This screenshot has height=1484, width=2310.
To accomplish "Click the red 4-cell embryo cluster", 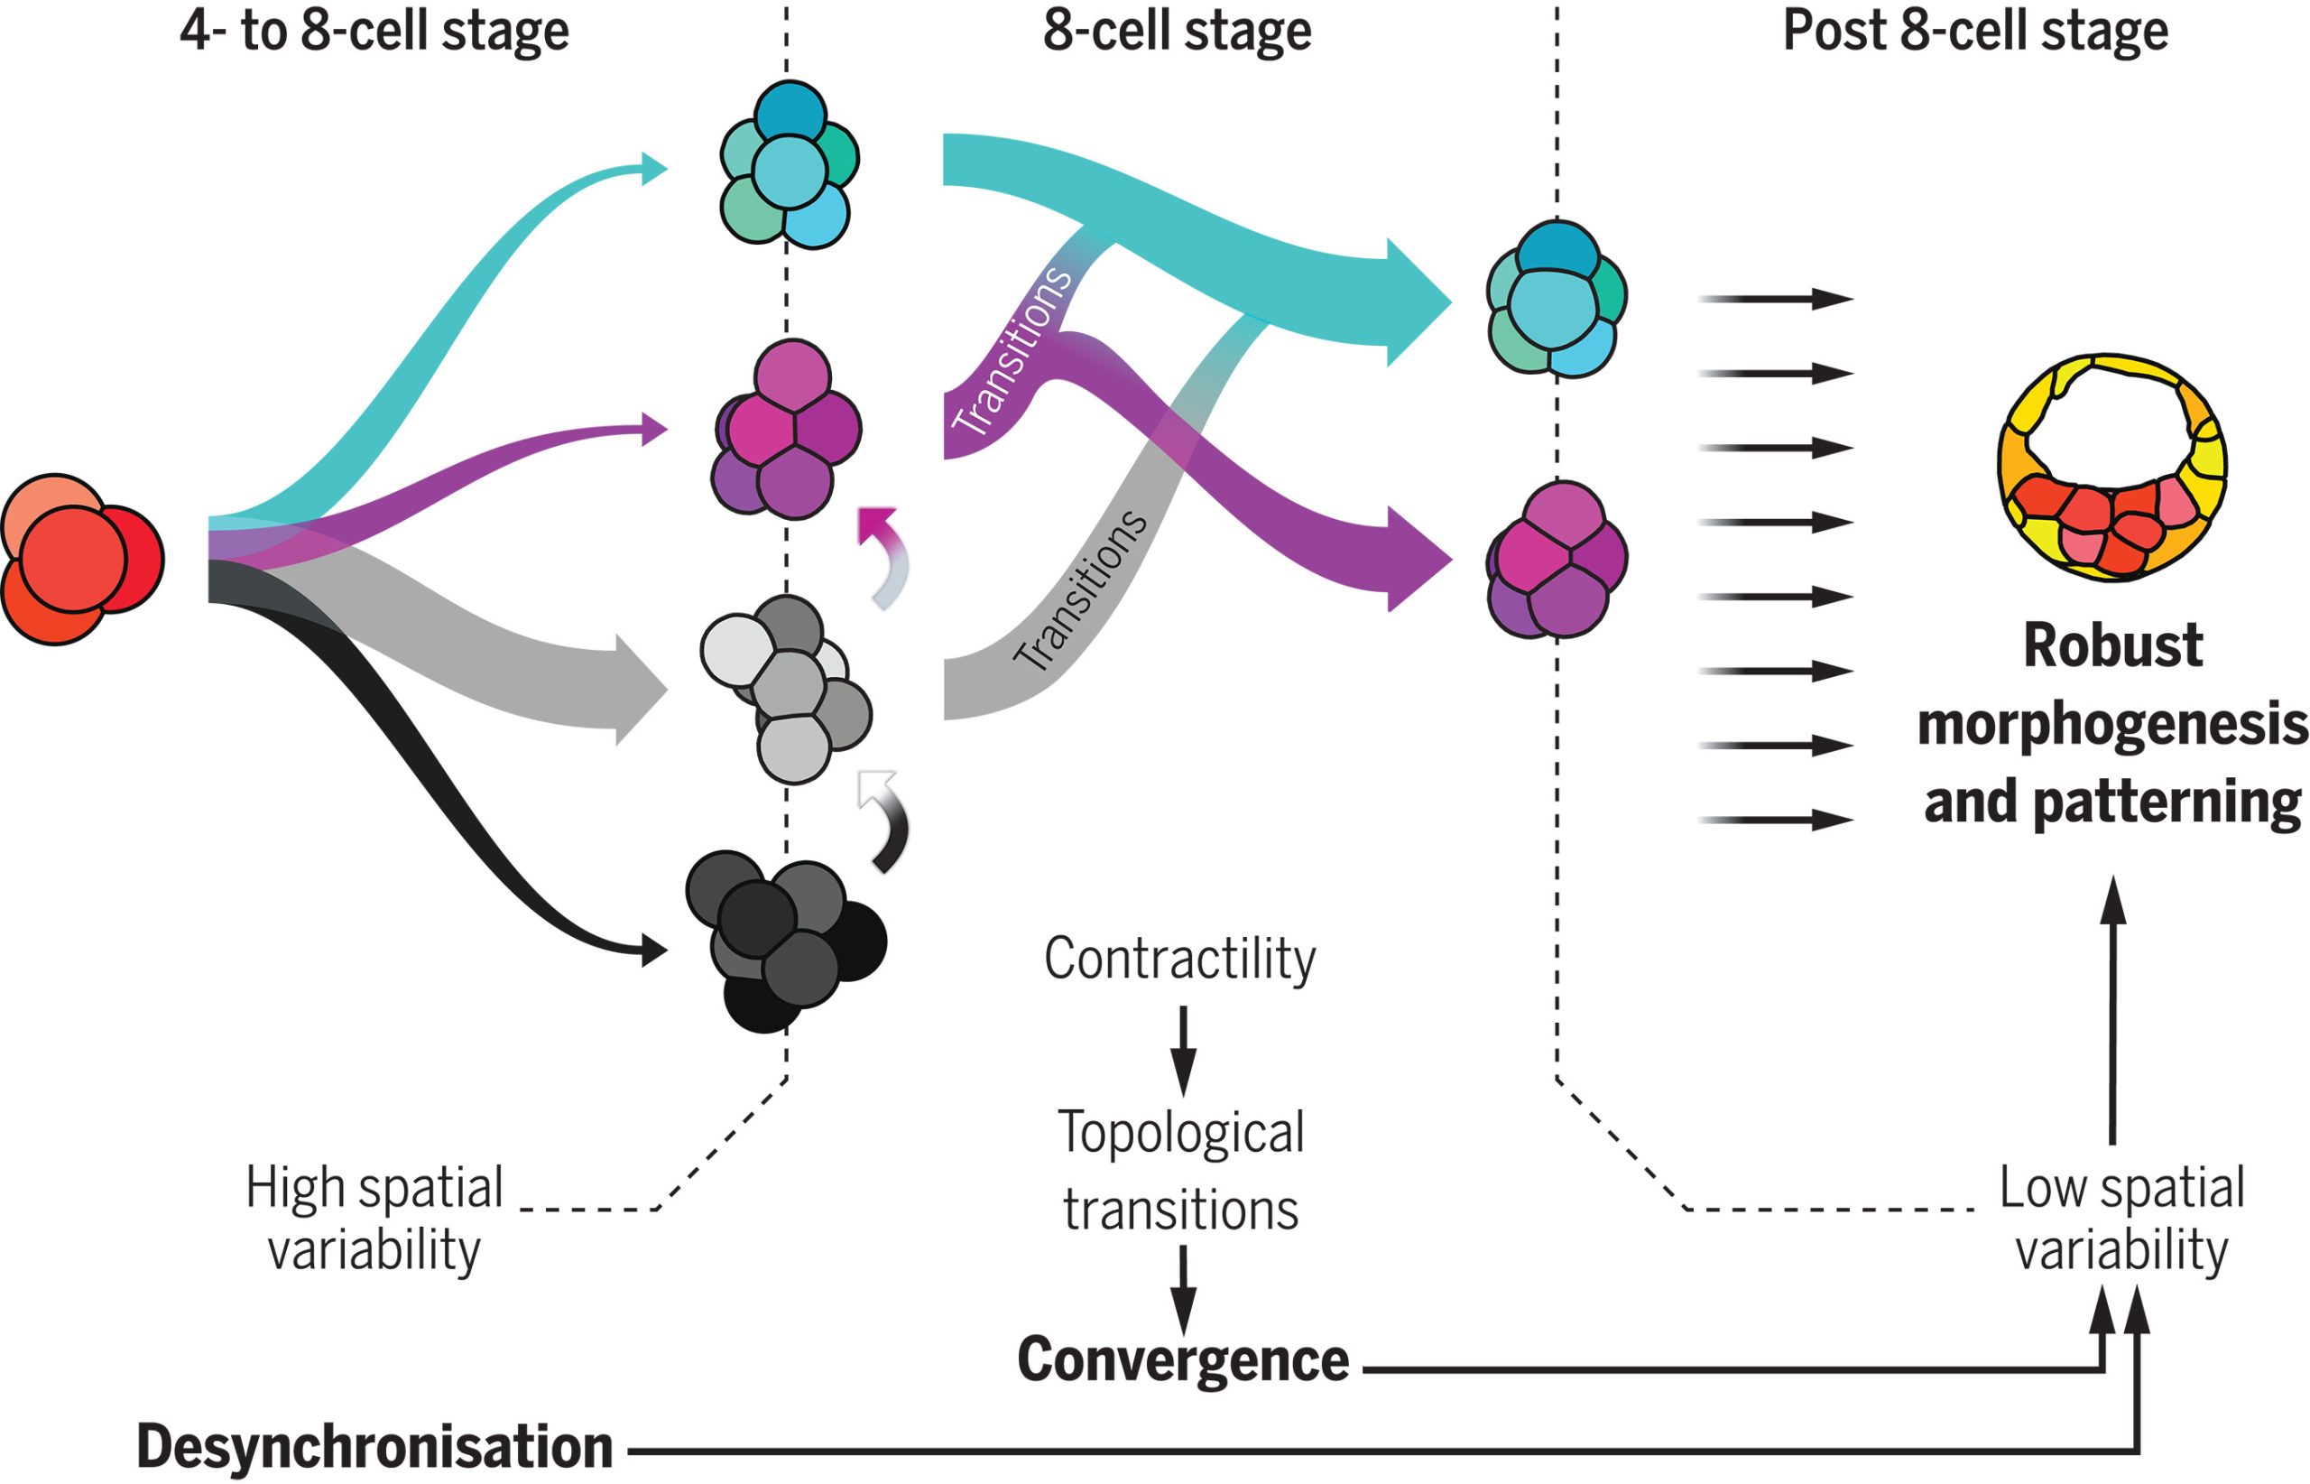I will pos(81,559).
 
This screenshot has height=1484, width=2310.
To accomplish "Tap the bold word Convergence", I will pos(1183,1359).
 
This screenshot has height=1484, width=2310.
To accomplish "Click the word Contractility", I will pos(1180,959).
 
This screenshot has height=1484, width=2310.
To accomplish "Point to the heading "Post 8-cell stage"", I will pos(1974,31).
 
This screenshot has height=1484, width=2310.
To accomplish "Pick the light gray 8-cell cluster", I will pos(785,689).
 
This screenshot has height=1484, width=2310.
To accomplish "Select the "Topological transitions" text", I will pos(1181,1171).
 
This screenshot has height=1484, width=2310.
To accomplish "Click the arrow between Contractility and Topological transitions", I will pos(1183,1051).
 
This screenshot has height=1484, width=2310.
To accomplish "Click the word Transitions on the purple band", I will pos(1012,352).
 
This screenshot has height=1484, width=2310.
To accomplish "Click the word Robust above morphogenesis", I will pos(2112,645).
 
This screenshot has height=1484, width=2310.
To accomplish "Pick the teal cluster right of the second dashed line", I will pos(1556,299).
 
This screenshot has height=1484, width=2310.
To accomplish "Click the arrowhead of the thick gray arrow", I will pos(641,690).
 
